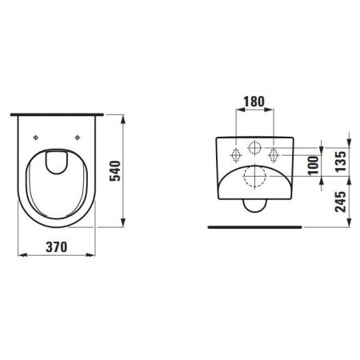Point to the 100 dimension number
pyautogui.click(x=313, y=164)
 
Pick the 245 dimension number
pyautogui.click(x=339, y=202)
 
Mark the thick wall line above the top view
pyautogui.click(x=58, y=114)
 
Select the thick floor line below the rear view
pyautogui.click(x=254, y=227)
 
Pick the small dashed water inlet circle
pyautogui.click(x=254, y=149)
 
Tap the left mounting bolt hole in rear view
pyautogui.click(x=237, y=154)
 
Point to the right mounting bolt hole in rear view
pyautogui.click(x=272, y=154)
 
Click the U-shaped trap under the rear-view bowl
pyautogui.click(x=254, y=208)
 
